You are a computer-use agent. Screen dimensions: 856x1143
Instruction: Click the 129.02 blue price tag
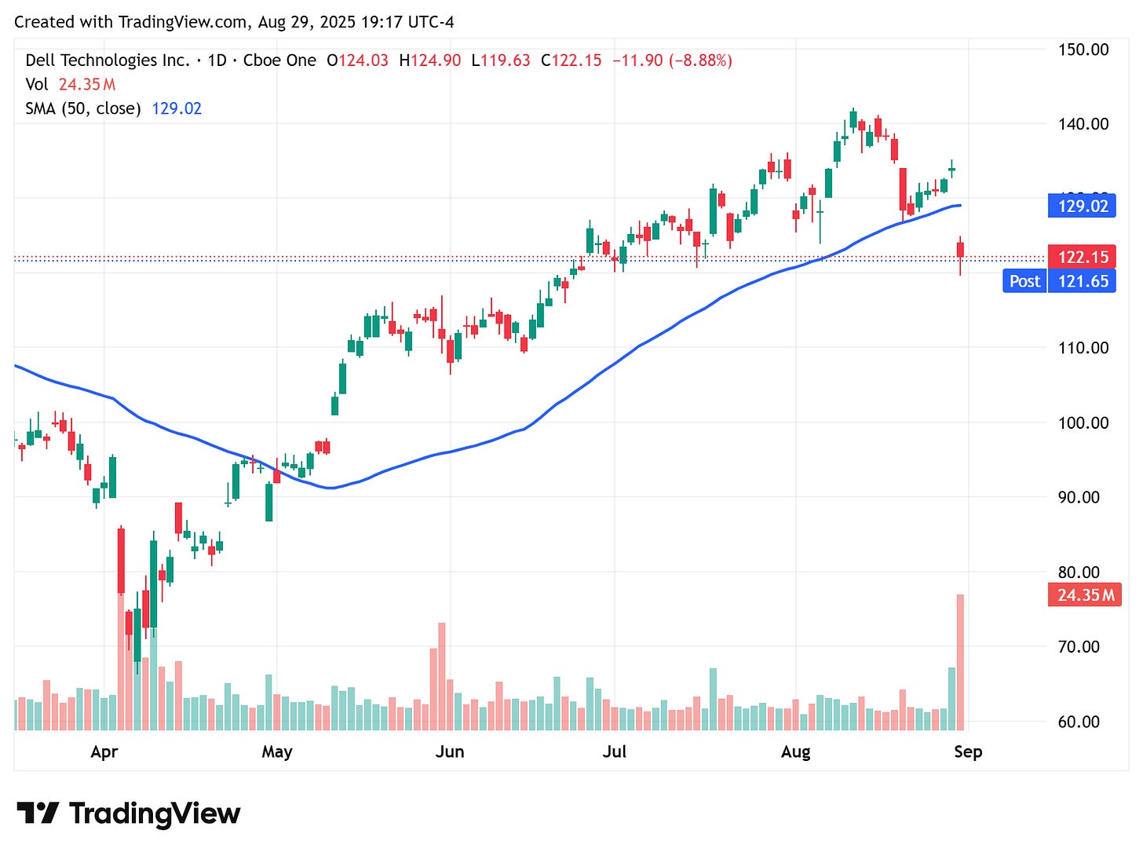[1082, 206]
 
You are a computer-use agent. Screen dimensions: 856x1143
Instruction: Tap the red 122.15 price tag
[1082, 257]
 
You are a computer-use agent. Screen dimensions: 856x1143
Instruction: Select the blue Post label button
[1024, 281]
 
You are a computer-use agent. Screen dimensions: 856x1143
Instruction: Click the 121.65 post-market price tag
[1083, 281]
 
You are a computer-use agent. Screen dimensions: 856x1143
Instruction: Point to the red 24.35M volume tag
[1085, 594]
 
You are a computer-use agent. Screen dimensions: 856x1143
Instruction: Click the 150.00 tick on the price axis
[1083, 49]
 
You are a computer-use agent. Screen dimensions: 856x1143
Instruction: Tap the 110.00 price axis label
[1083, 347]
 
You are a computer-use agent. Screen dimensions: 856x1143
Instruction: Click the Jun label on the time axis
[450, 752]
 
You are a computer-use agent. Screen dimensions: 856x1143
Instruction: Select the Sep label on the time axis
[968, 752]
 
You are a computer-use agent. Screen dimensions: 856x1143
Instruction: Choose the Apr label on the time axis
[104, 752]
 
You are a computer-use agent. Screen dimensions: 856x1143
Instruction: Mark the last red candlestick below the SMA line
[960, 250]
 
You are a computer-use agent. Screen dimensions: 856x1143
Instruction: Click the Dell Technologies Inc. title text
[108, 60]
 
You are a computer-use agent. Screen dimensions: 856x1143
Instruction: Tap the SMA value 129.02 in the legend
[177, 108]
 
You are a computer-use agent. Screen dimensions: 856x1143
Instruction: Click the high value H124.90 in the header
[429, 60]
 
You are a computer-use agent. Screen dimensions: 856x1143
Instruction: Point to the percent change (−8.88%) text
[699, 60]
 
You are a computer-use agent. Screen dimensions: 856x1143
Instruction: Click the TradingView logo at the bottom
[128, 813]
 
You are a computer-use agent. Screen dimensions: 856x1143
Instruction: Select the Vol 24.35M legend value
[87, 84]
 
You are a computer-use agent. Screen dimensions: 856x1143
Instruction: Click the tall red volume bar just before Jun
[442, 675]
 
